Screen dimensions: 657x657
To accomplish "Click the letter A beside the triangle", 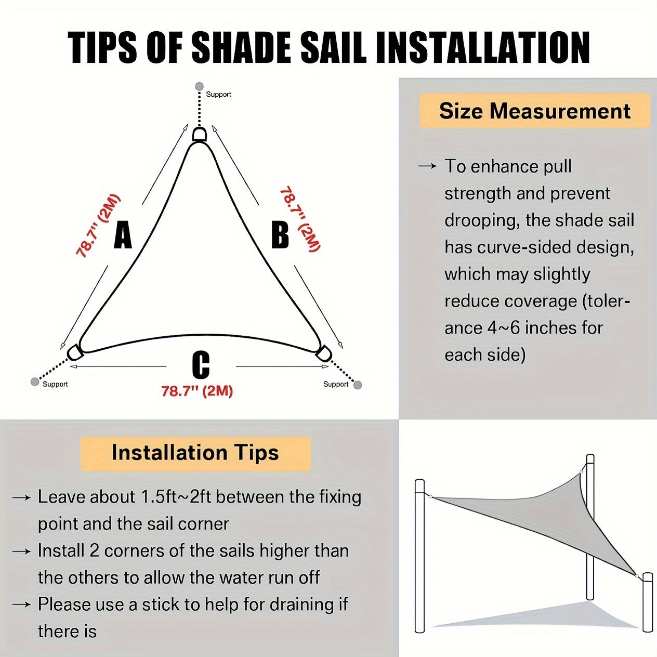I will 123,235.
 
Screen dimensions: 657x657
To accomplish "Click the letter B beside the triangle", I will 280,234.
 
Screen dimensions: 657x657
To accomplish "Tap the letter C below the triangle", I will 201,365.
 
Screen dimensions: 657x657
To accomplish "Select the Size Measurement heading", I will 534,111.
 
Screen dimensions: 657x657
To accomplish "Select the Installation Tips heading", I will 195,453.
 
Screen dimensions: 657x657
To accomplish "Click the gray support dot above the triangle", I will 199,86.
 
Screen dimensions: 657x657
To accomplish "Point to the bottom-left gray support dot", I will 35,382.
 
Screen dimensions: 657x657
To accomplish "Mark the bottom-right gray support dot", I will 358,385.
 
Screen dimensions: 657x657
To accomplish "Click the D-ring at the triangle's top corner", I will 199,135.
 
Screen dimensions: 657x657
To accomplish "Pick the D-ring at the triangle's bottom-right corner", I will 323,352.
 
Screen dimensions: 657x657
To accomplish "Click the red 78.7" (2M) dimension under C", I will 197,391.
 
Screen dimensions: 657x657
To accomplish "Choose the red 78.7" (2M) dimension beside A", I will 98,226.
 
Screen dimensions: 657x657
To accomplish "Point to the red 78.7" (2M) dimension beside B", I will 300,219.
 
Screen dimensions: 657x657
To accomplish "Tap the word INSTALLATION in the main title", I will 482,48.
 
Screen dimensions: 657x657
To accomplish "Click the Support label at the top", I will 218,94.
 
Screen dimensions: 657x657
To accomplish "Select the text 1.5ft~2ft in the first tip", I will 176,497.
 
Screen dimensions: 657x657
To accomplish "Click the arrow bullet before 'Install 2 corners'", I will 21,551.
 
